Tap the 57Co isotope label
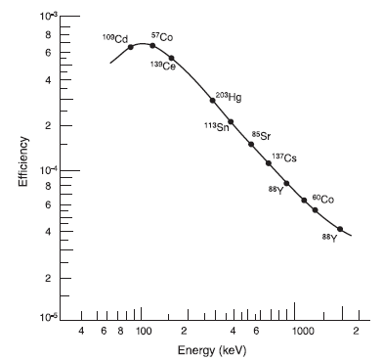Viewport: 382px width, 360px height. point(161,37)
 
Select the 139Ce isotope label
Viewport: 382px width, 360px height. point(162,66)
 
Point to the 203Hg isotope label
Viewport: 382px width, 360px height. point(228,97)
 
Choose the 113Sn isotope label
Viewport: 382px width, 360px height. point(216,127)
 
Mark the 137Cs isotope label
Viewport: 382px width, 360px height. point(284,157)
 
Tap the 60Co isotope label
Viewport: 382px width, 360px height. point(323,199)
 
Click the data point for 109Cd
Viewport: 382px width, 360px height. point(131,47)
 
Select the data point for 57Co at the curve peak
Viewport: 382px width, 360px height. point(152,45)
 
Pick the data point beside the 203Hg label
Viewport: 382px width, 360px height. point(212,101)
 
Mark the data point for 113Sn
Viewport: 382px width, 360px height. point(231,122)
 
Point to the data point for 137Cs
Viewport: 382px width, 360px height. point(269,163)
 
